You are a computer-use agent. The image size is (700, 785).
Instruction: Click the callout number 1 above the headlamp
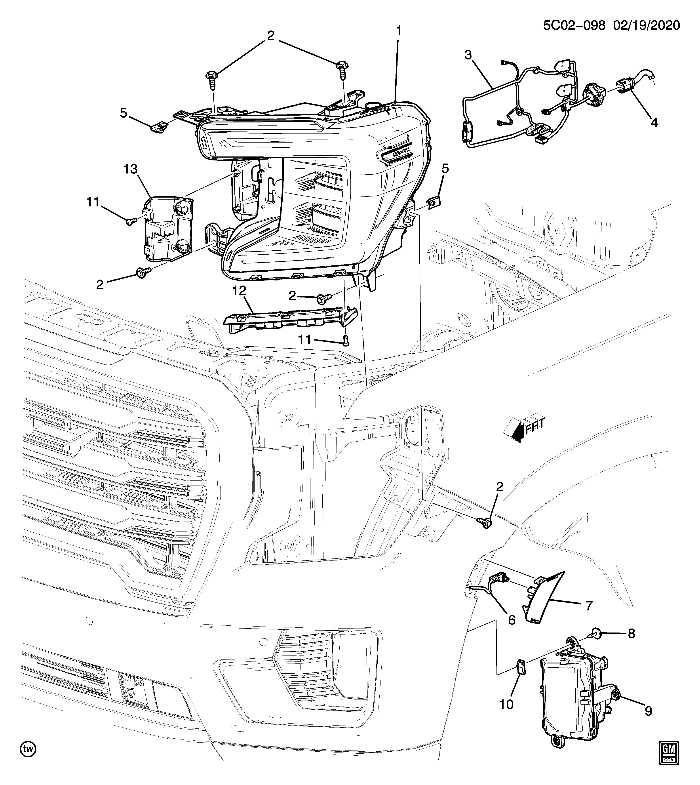pyautogui.click(x=399, y=31)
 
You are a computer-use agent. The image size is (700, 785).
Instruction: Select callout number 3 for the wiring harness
pyautogui.click(x=468, y=55)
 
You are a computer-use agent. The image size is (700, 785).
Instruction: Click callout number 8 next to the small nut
pyautogui.click(x=632, y=633)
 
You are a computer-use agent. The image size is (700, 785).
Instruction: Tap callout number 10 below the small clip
pyautogui.click(x=506, y=704)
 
